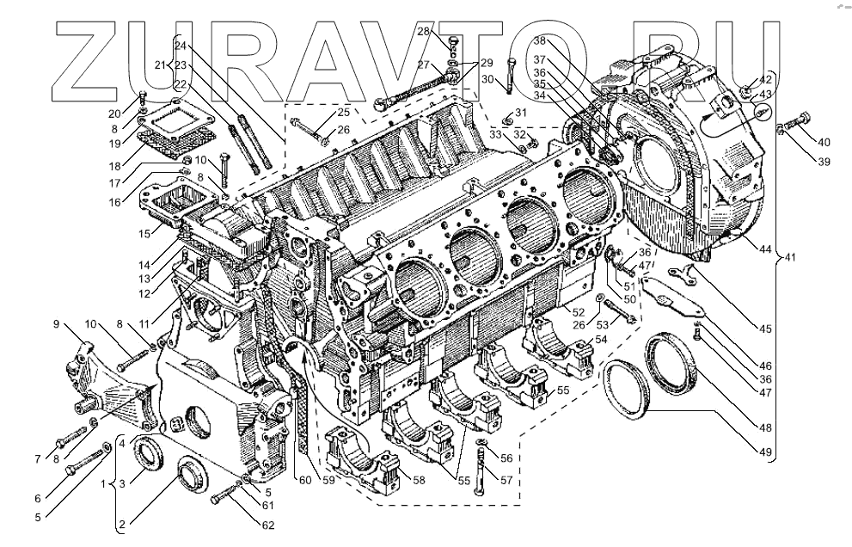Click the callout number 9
click(57, 324)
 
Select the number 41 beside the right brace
click(789, 256)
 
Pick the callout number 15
click(146, 233)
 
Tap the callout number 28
click(424, 32)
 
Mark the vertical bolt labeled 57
click(480, 469)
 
